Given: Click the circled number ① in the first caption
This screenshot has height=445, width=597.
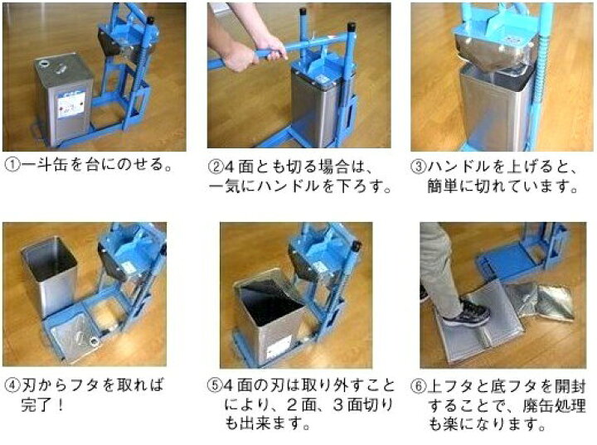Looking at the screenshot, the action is coord(12,165).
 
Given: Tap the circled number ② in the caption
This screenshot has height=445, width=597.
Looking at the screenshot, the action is coord(216,167).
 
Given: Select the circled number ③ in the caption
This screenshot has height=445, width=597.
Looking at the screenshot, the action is coord(419,167).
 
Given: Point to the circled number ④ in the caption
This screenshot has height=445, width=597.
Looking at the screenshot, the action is coord(12,385).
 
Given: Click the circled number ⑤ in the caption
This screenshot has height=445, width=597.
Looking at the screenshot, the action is coord(216,385).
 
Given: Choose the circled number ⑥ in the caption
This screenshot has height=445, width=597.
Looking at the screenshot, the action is coord(419,386).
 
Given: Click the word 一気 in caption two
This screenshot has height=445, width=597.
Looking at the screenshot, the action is coord(225,186).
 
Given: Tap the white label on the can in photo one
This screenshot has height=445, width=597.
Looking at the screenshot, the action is coord(70,106).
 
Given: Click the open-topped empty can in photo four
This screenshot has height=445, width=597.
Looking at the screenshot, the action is coord(49,275).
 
